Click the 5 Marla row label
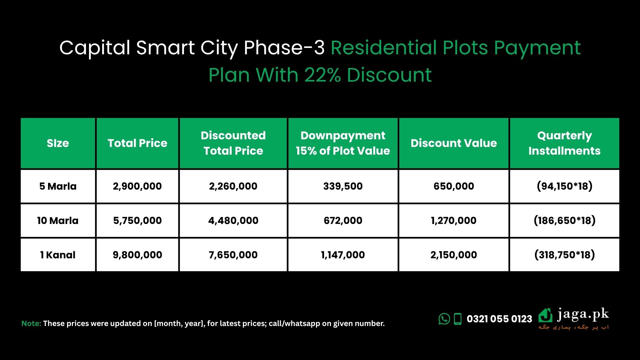tap(58, 186)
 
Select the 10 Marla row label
tap(58, 220)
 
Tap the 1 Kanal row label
tap(58, 255)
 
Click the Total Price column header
tap(137, 143)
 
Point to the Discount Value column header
tap(454, 143)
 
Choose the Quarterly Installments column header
tap(564, 143)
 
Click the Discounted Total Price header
tap(233, 143)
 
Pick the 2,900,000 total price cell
tap(137, 186)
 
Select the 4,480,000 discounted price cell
tap(233, 220)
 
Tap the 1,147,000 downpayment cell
tap(343, 255)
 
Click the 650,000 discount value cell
tap(454, 186)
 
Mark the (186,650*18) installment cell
tap(564, 220)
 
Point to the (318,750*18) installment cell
tap(564, 255)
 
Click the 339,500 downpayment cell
tap(343, 186)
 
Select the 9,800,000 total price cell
tap(137, 255)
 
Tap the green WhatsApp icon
tap(444, 319)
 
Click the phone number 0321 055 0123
tap(499, 319)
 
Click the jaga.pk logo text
tap(583, 314)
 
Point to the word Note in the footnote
tap(31, 323)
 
